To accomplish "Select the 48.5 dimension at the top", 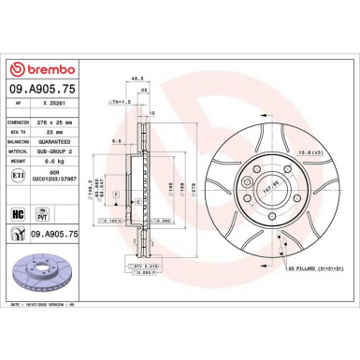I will point(138,79).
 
